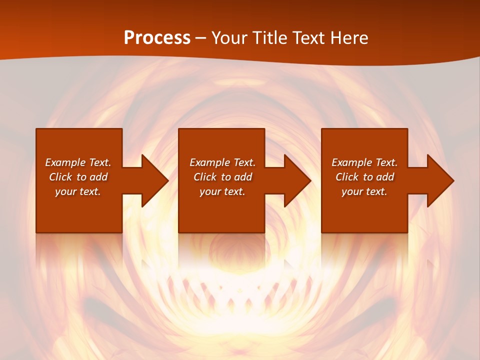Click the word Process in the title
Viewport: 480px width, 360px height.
point(157,38)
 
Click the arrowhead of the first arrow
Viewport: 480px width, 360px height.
point(154,180)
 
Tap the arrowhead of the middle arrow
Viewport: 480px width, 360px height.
point(297,180)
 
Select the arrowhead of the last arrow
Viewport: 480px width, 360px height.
point(440,180)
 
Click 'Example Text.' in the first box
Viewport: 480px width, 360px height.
point(78,162)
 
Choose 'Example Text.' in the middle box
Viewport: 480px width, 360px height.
point(222,162)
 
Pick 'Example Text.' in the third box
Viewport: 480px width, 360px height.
point(364,162)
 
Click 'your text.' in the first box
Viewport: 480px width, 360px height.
point(78,191)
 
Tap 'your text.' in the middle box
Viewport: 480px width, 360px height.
point(222,191)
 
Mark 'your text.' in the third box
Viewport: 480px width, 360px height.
point(364,191)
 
